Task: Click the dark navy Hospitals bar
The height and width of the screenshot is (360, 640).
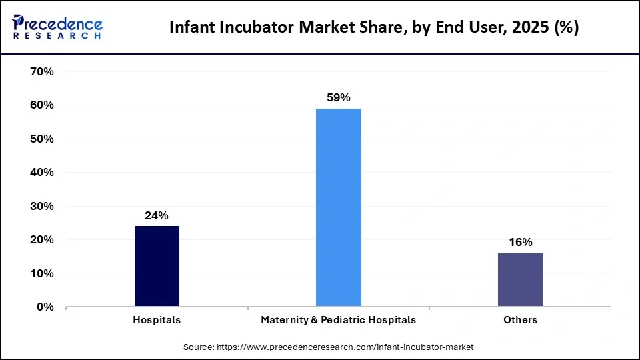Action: [157, 267]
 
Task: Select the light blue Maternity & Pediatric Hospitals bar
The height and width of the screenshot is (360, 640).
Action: [339, 207]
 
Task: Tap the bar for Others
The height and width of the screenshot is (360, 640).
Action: [520, 280]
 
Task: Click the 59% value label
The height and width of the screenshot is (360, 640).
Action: [339, 97]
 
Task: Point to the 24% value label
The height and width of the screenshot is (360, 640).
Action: [157, 215]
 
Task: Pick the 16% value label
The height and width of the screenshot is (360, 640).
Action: [520, 242]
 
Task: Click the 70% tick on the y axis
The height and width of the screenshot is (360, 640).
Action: [42, 71]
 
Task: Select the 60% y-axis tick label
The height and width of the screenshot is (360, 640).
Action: [42, 105]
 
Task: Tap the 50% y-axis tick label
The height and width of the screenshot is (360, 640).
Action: [42, 139]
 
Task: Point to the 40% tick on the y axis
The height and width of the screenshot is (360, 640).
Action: [42, 172]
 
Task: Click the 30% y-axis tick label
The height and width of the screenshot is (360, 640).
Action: [42, 206]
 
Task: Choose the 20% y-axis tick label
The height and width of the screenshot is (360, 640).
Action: [42, 239]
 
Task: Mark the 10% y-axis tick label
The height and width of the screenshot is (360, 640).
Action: [42, 273]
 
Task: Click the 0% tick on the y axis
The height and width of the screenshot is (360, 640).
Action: [45, 307]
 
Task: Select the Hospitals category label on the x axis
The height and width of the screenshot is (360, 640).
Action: [157, 320]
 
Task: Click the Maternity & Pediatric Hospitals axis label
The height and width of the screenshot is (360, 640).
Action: [339, 320]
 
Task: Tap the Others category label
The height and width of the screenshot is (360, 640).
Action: [520, 320]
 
